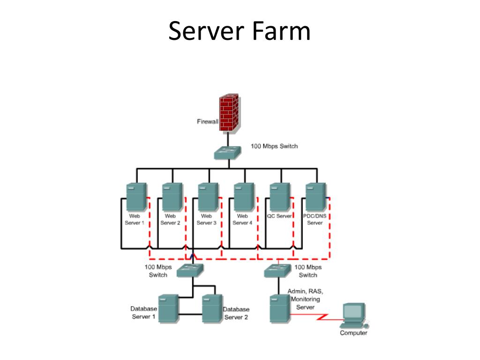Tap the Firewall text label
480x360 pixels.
tap(207, 122)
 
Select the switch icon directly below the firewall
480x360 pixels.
tap(228, 153)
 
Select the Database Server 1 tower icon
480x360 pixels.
tap(168, 308)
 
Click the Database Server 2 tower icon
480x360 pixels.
tap(212, 308)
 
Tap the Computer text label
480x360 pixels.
tap(353, 333)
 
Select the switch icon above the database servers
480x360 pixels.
tap(189, 270)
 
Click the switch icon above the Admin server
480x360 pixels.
tap(278, 270)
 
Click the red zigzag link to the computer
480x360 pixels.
tap(323, 318)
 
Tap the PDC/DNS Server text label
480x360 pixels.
tap(315, 219)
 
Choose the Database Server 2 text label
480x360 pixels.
tap(236, 313)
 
